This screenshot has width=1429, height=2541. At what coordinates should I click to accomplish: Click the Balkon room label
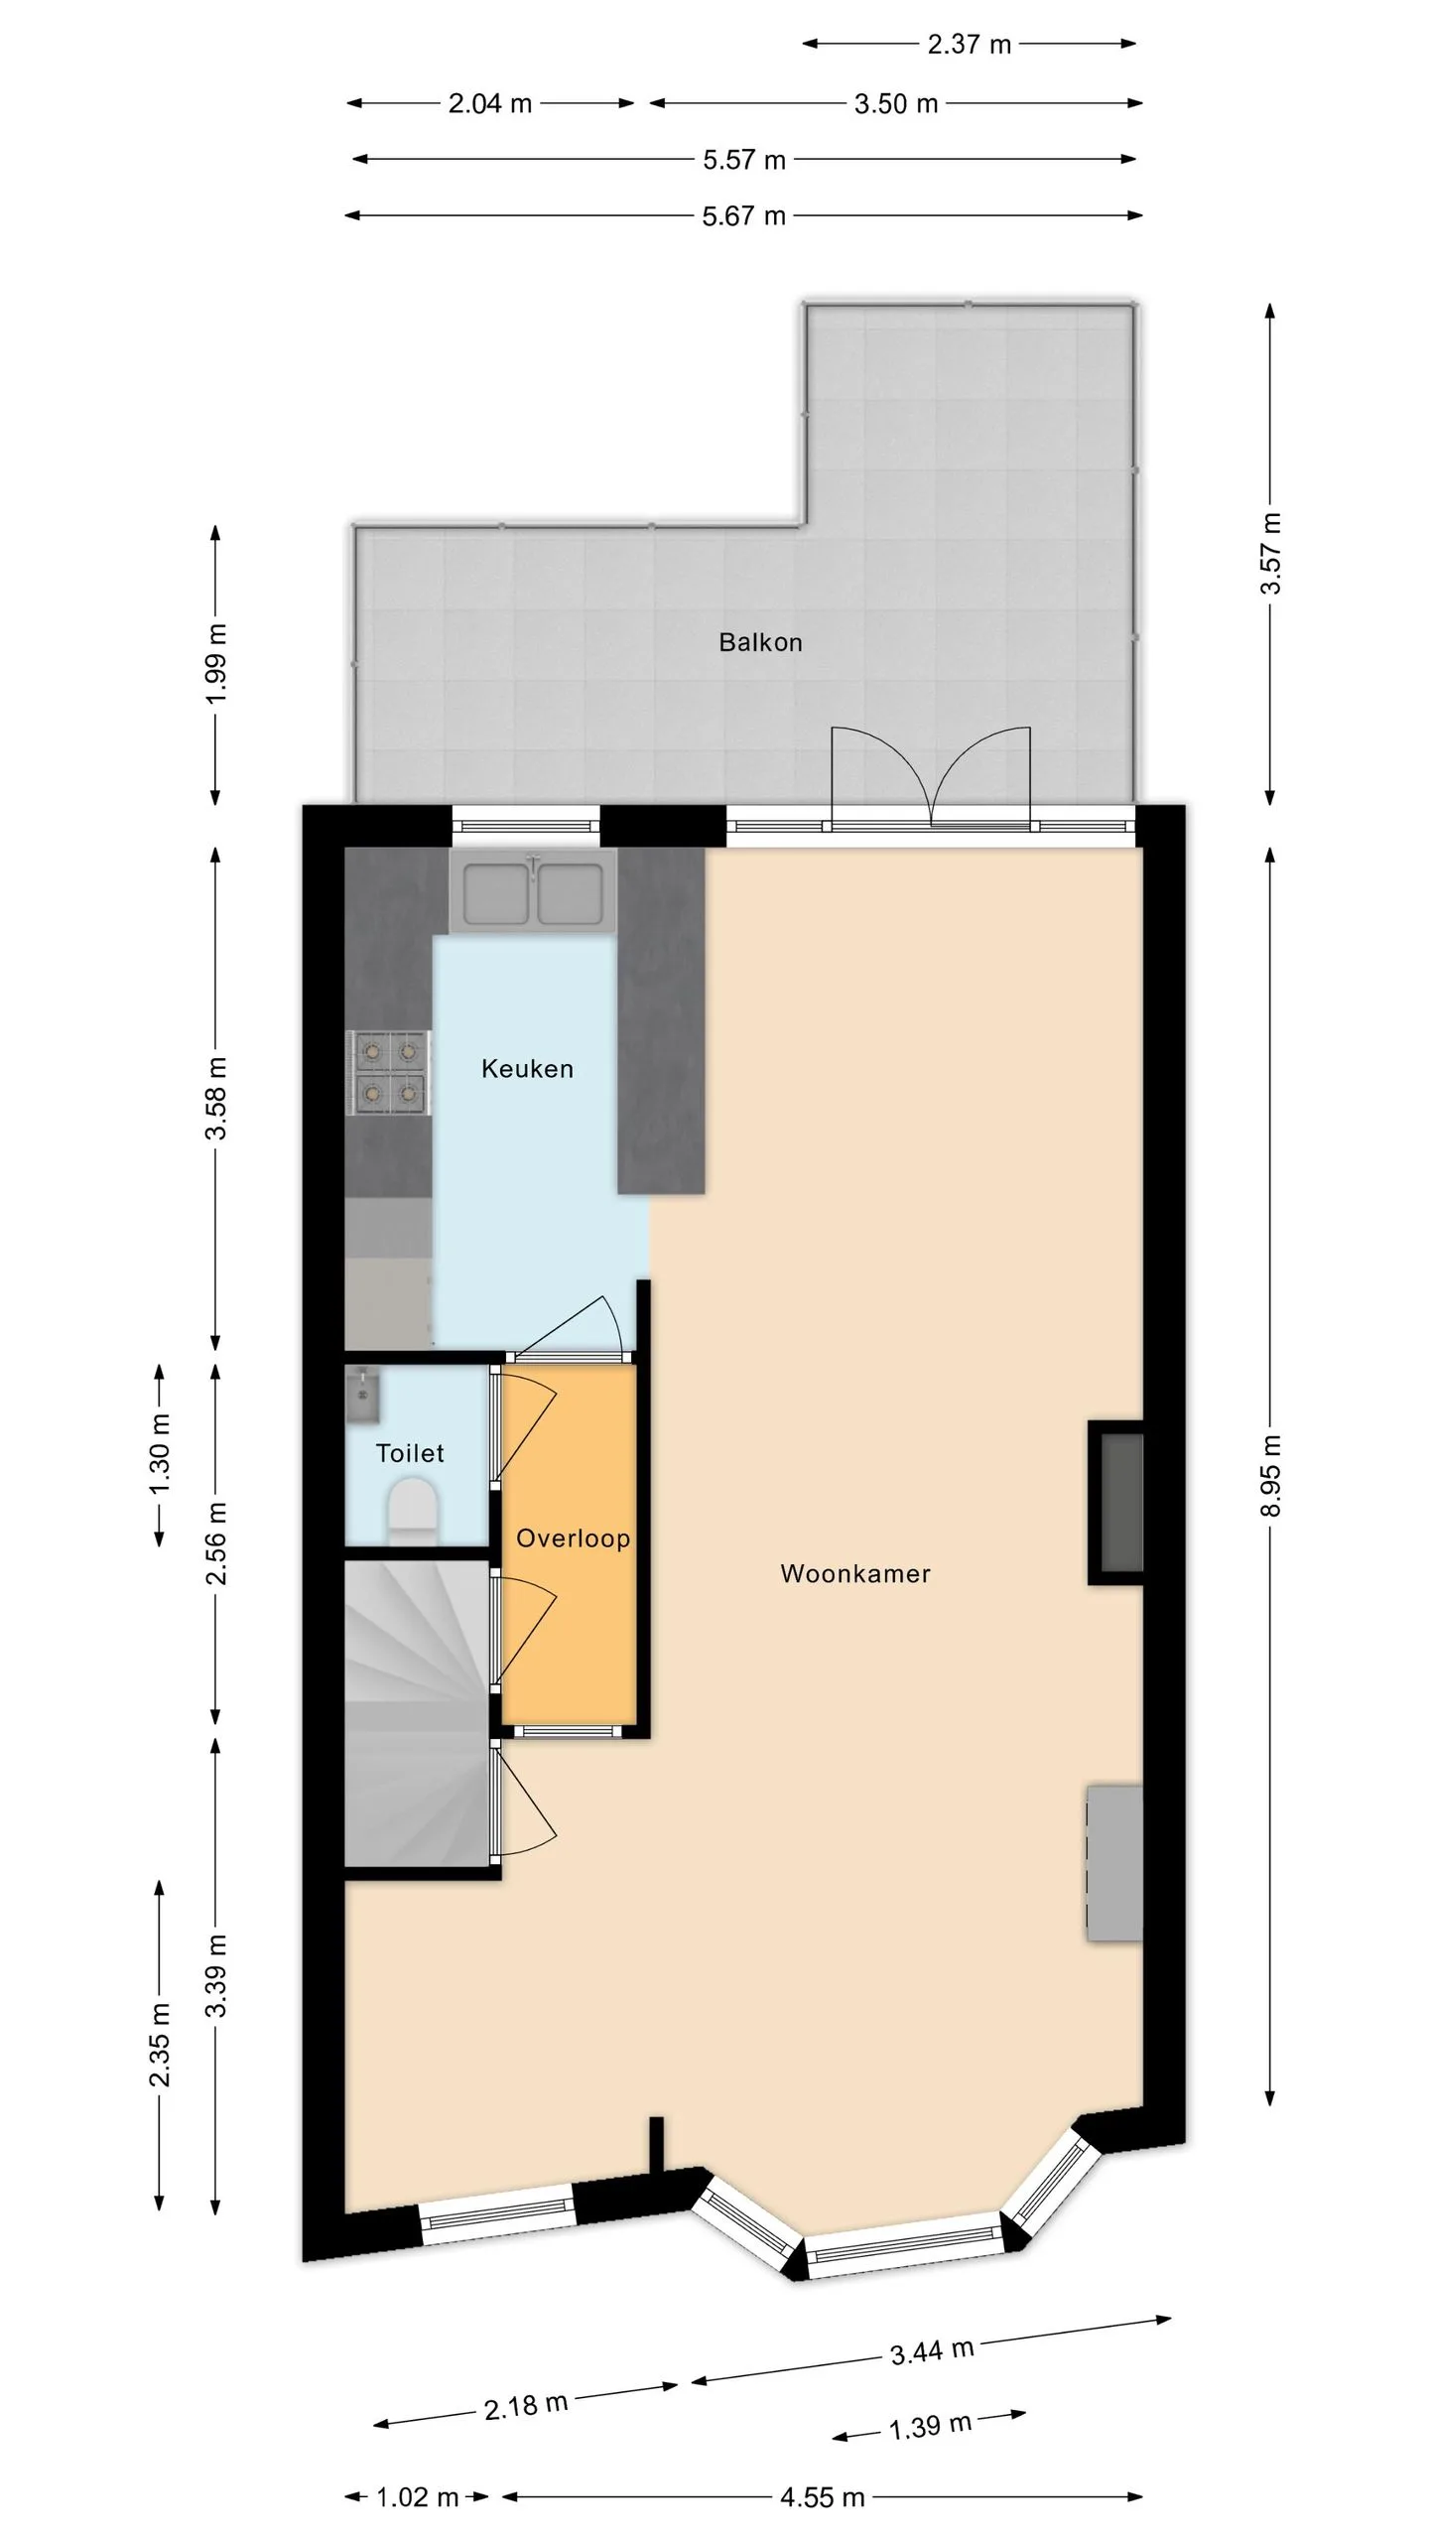pyautogui.click(x=760, y=642)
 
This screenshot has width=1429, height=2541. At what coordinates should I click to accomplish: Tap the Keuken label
pyautogui.click(x=527, y=1069)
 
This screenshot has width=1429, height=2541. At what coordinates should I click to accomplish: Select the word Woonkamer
pyautogui.click(x=855, y=1573)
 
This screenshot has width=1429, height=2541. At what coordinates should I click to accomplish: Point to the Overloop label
pyautogui.click(x=573, y=1538)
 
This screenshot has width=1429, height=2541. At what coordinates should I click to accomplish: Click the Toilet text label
pyautogui.click(x=410, y=1453)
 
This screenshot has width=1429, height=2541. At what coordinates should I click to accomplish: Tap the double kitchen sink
pyautogui.click(x=534, y=890)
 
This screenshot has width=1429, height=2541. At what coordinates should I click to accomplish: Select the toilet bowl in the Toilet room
pyautogui.click(x=412, y=1511)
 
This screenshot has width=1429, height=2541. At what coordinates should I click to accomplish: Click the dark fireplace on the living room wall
pyautogui.click(x=1116, y=1503)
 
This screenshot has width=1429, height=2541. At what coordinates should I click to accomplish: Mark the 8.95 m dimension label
pyautogui.click(x=1271, y=1475)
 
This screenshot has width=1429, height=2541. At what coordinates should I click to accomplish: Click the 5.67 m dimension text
pyautogui.click(x=743, y=215)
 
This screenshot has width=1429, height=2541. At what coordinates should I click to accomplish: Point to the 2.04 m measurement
pyautogui.click(x=490, y=103)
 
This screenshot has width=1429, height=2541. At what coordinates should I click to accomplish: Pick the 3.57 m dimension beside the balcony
pyautogui.click(x=1271, y=554)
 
